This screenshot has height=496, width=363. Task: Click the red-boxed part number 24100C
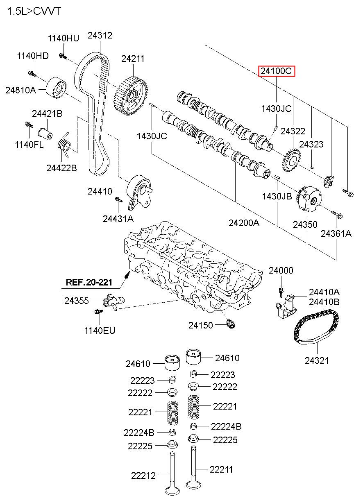point(277,71)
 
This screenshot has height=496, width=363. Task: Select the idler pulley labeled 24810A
point(56,88)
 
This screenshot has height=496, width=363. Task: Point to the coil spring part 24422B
point(64,145)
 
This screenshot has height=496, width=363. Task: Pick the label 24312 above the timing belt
point(100,35)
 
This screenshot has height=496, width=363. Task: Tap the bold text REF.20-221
point(89,282)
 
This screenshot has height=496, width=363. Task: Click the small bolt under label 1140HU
point(63,56)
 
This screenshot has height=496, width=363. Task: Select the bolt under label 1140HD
point(32,74)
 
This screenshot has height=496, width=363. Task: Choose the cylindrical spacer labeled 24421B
point(45,134)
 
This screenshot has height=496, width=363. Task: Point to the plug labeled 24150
point(231,324)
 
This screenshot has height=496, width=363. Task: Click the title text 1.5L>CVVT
point(34,11)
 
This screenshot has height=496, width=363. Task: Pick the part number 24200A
point(244,223)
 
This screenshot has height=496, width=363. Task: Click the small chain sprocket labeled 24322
point(292,160)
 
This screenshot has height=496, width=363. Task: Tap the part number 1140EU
point(100,331)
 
